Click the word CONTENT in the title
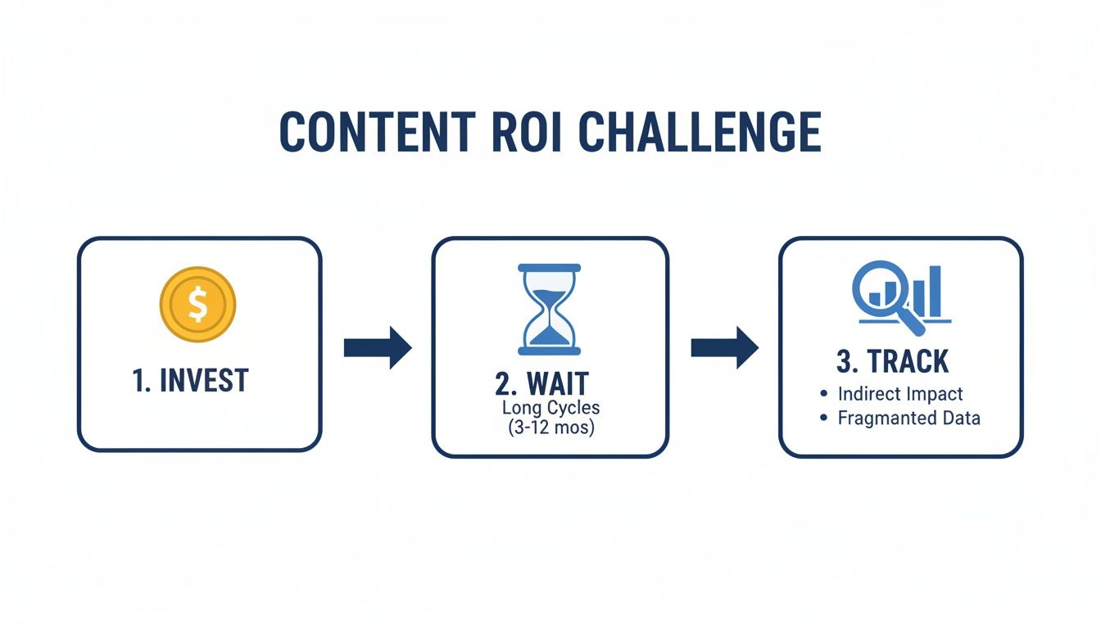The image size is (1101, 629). [376, 131]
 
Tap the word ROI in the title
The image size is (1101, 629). [524, 131]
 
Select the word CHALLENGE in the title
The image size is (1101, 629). [701, 131]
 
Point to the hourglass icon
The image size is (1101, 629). [550, 309]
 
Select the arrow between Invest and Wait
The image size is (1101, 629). [378, 347]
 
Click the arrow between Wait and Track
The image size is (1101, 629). [724, 347]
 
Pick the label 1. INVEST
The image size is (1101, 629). [190, 380]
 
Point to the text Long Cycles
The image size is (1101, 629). [550, 407]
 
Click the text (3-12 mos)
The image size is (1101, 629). [550, 428]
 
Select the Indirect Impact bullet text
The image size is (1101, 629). [900, 394]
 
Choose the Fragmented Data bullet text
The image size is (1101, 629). [908, 419]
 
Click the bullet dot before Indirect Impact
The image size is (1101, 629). [823, 394]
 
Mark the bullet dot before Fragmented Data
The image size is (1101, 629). [823, 419]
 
